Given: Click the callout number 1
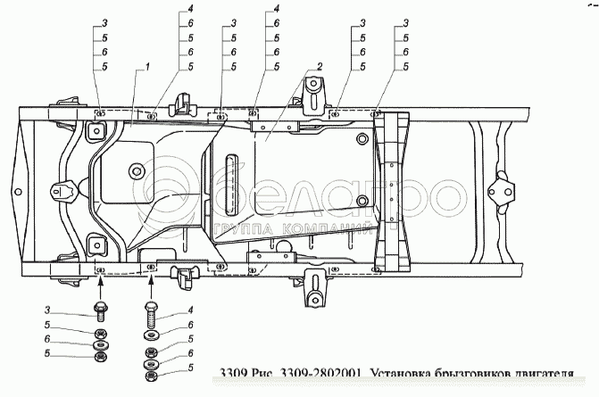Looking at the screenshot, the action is click(147, 66).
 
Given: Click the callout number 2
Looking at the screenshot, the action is click(318, 66).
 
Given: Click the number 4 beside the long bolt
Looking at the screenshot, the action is click(190, 310).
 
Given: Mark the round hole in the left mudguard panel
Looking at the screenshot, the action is click(136, 171).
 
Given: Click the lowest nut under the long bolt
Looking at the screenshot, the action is click(149, 377).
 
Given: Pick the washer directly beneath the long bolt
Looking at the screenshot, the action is click(149, 336).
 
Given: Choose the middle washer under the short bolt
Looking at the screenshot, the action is click(100, 345).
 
